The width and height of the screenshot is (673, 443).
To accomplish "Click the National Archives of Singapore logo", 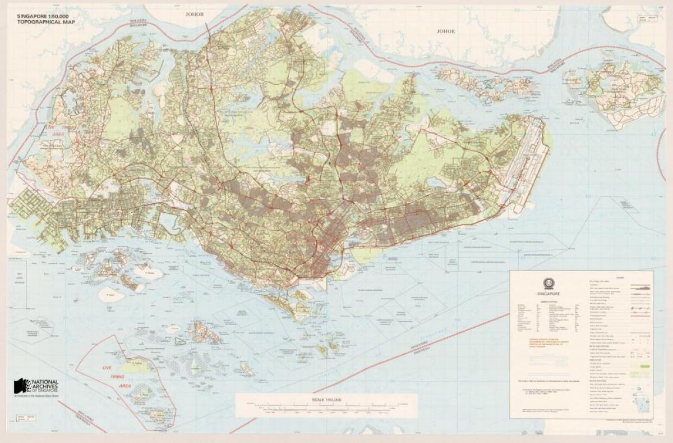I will [36, 386].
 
